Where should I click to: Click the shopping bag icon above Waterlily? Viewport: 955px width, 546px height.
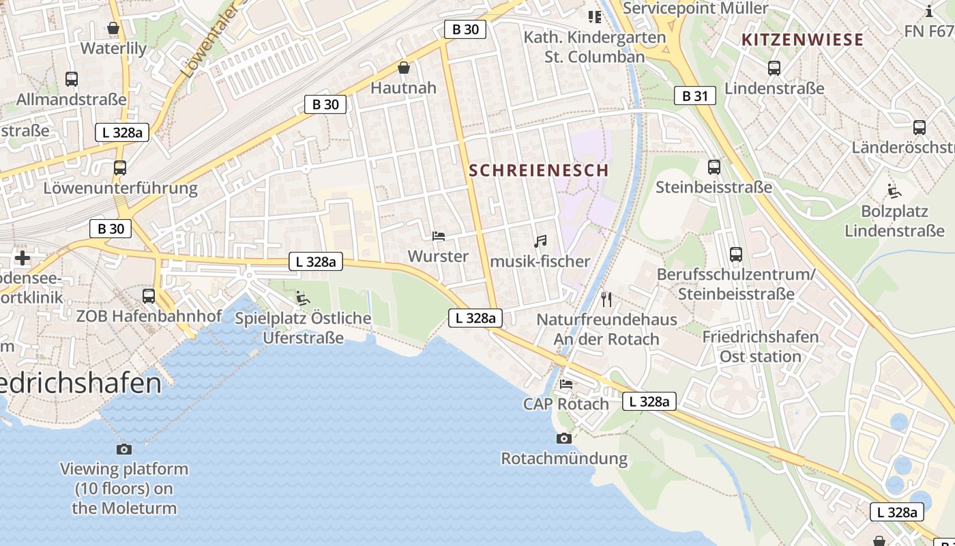click(x=113, y=28)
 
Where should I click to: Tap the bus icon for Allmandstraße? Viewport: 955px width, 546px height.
click(x=72, y=79)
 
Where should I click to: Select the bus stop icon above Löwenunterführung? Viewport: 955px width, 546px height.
click(x=120, y=167)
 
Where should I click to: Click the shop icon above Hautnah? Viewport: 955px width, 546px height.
click(x=404, y=68)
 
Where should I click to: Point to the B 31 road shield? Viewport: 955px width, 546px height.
click(x=695, y=96)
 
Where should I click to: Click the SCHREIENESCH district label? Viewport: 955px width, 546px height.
click(x=539, y=171)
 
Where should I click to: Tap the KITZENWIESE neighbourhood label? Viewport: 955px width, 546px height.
click(x=802, y=40)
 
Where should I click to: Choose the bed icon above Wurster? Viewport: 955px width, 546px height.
click(x=439, y=236)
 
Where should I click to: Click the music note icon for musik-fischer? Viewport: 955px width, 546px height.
click(x=540, y=242)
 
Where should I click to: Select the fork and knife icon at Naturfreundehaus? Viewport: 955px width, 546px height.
click(x=606, y=299)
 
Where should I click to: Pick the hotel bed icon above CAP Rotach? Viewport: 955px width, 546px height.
click(x=566, y=384)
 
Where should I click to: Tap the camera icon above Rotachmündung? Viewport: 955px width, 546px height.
click(x=563, y=438)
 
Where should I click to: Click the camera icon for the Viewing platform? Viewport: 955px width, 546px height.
click(x=124, y=449)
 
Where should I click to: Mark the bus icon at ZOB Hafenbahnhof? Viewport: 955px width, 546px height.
click(x=149, y=296)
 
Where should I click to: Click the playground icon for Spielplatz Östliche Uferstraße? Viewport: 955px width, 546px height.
click(x=302, y=298)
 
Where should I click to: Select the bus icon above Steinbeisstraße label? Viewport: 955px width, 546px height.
click(x=714, y=167)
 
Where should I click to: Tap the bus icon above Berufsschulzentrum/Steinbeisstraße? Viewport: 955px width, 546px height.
click(x=736, y=255)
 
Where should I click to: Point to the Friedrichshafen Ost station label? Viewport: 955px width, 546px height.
click(x=761, y=347)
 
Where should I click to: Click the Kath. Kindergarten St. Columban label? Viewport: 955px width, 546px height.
click(x=595, y=47)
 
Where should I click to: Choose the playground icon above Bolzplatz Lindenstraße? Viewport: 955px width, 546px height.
click(x=894, y=191)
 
